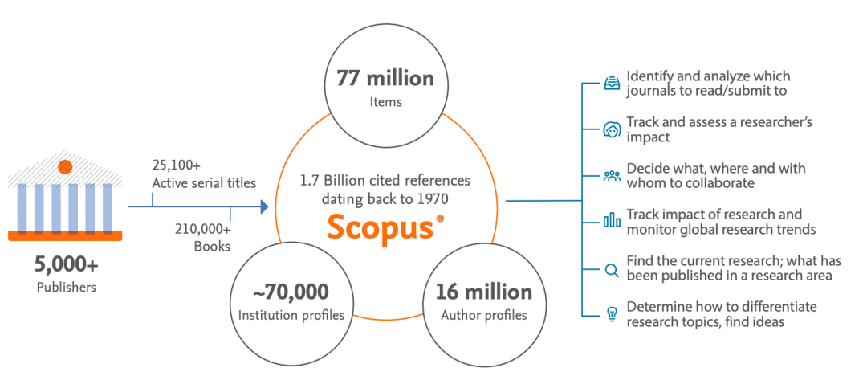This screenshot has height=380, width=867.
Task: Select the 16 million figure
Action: [x=484, y=291]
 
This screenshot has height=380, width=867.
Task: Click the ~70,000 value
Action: [x=291, y=291]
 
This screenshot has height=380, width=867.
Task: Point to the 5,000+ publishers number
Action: [x=65, y=264]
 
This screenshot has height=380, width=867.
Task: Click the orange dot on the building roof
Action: [x=65, y=167]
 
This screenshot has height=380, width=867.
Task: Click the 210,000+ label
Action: [x=203, y=229]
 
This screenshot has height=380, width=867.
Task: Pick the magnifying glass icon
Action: [x=612, y=270]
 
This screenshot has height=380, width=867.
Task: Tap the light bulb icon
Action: [x=612, y=315]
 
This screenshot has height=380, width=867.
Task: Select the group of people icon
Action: [x=612, y=175]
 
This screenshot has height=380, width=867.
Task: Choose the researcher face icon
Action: [x=612, y=129]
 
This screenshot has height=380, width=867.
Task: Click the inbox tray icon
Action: [x=612, y=83]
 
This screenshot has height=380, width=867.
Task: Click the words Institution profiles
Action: [x=291, y=314]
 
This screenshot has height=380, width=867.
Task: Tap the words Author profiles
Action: [x=484, y=314]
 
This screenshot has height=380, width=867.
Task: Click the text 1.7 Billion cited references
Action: [x=385, y=180]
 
